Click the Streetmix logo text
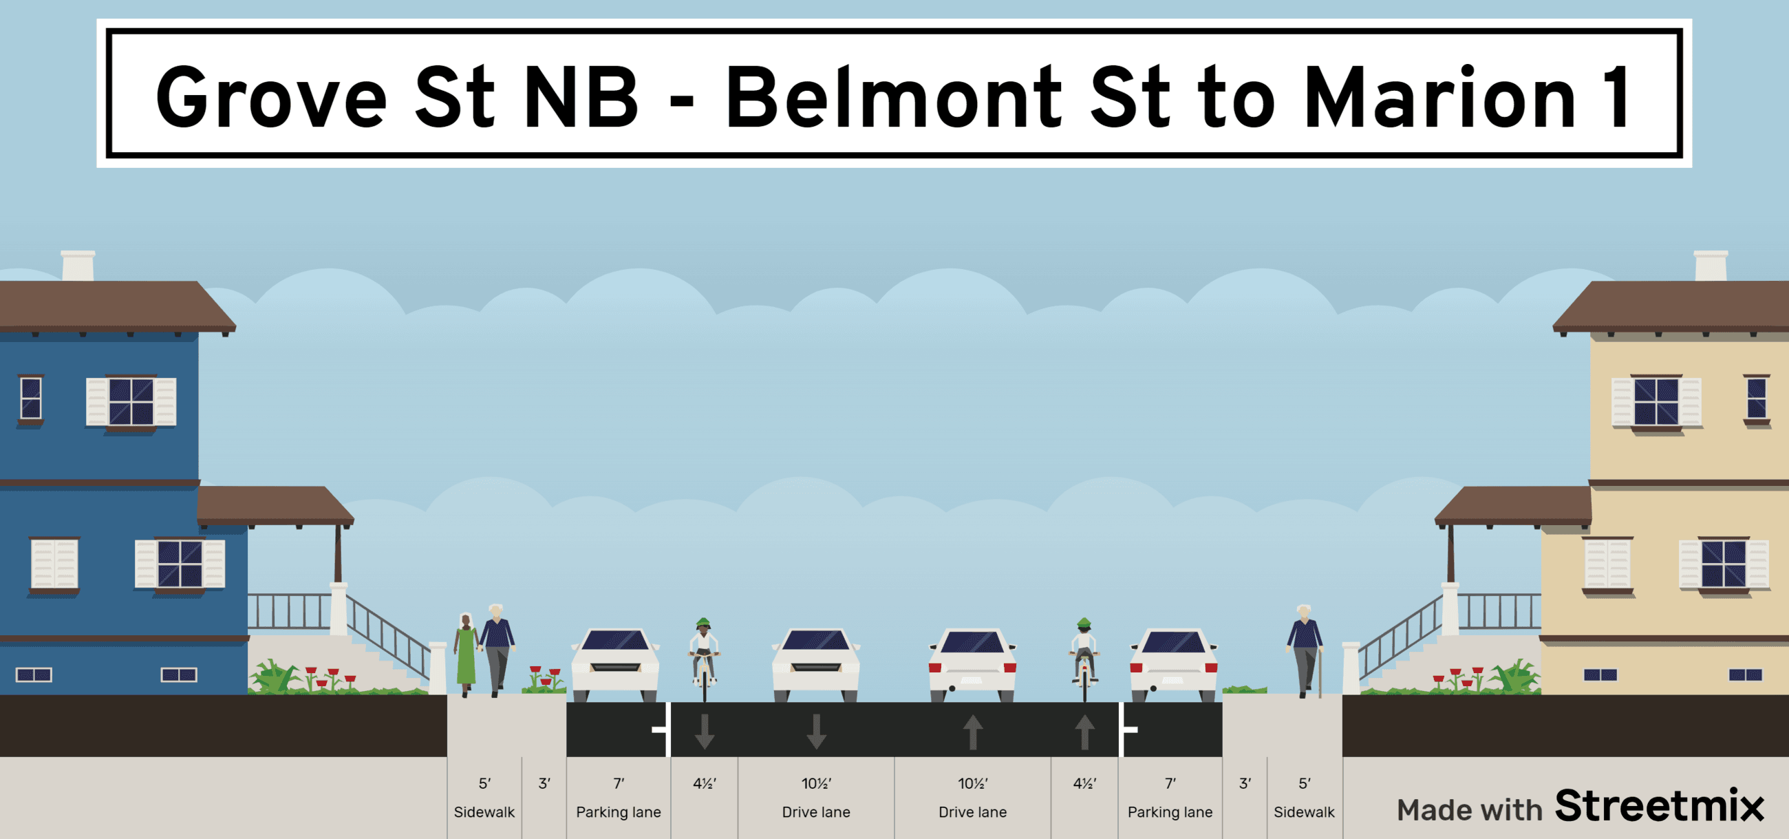pos(1659,806)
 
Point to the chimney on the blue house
pos(78,266)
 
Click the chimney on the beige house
pos(1711,266)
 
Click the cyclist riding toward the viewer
pos(703,657)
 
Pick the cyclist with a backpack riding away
pos(1084,657)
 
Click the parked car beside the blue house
pos(615,663)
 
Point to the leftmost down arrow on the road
pos(705,731)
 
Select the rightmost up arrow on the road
pos(1084,732)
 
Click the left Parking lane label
pos(618,812)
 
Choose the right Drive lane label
pos(972,812)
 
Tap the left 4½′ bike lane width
pos(704,783)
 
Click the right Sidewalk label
pos(1303,812)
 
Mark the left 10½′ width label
pos(816,783)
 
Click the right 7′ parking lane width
pos(1170,783)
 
